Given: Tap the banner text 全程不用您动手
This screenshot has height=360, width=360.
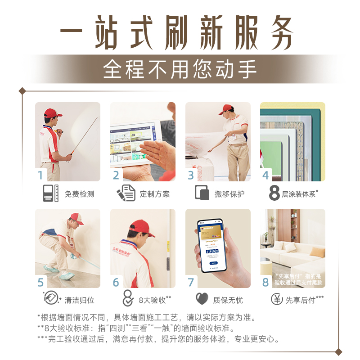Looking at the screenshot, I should (x=180, y=69).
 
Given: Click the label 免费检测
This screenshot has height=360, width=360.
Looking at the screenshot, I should (x=79, y=194).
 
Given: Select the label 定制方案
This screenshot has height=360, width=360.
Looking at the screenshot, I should (x=154, y=194).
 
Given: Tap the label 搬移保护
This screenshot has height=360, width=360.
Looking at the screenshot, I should (x=229, y=194).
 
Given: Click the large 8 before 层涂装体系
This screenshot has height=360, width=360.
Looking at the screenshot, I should (x=274, y=193).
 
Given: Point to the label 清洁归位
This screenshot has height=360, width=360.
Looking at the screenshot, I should (x=79, y=300).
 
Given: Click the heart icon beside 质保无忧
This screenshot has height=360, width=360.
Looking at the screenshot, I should (x=202, y=299).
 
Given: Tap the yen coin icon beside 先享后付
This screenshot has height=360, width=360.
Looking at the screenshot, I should (x=277, y=299).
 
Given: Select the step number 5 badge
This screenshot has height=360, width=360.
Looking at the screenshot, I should (x=41, y=282).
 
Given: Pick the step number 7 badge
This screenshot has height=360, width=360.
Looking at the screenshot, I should (x=191, y=282).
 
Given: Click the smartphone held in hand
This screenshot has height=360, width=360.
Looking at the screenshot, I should (x=211, y=245).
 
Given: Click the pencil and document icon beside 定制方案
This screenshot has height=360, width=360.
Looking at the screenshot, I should (x=126, y=193).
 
